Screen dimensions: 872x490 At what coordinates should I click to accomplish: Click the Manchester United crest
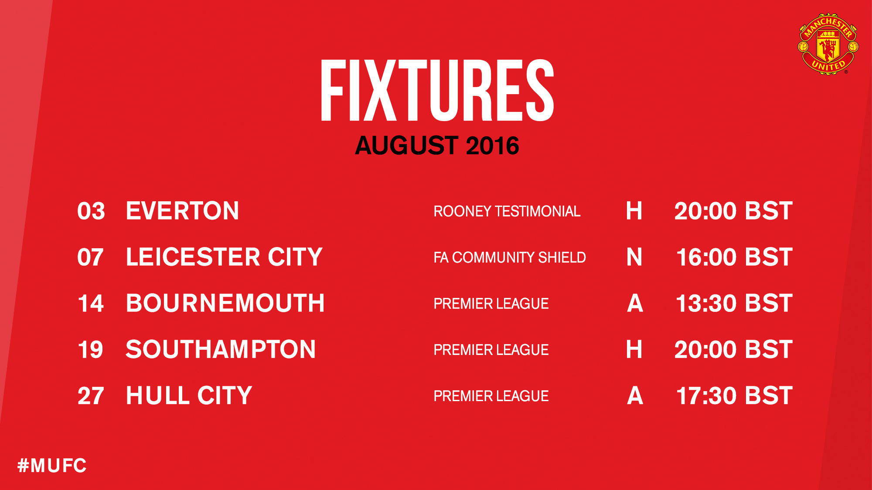(828, 44)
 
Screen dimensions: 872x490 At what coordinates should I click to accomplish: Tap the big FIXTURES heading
(437, 90)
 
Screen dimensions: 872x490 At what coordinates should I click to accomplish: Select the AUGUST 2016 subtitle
(437, 145)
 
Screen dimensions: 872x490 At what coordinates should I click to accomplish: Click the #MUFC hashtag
(52, 466)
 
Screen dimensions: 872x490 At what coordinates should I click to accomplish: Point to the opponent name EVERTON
(182, 211)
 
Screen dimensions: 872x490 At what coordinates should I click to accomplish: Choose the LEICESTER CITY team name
(224, 257)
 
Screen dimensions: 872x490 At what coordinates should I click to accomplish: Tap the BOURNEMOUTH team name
(225, 303)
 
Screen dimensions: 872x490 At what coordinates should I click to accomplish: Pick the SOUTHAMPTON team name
(221, 349)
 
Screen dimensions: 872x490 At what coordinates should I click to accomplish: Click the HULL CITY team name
(189, 395)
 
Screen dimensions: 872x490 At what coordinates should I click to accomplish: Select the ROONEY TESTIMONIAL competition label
(507, 211)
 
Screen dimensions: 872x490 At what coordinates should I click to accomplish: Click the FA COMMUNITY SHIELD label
(510, 257)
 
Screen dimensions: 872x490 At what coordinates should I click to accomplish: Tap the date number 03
(91, 211)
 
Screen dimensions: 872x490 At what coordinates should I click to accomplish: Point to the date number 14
(91, 303)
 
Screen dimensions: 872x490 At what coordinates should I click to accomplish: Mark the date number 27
(91, 395)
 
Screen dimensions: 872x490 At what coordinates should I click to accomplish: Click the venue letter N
(634, 257)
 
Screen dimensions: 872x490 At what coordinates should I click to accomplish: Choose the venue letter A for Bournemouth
(635, 303)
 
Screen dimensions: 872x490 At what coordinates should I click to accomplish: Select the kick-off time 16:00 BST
(734, 257)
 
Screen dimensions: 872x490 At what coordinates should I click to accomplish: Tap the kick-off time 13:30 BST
(734, 303)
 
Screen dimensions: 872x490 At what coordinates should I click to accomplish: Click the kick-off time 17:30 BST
(734, 395)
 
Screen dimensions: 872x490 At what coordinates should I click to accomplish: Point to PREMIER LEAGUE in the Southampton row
(491, 350)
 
